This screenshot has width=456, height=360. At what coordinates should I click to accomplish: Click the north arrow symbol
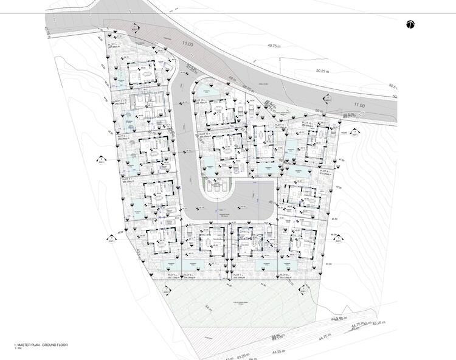[x=410, y=24]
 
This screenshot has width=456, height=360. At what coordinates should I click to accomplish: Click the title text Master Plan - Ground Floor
[x=41, y=345]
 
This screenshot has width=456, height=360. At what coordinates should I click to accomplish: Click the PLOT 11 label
[x=281, y=125]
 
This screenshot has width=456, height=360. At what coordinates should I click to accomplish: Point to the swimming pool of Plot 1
[x=122, y=80]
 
